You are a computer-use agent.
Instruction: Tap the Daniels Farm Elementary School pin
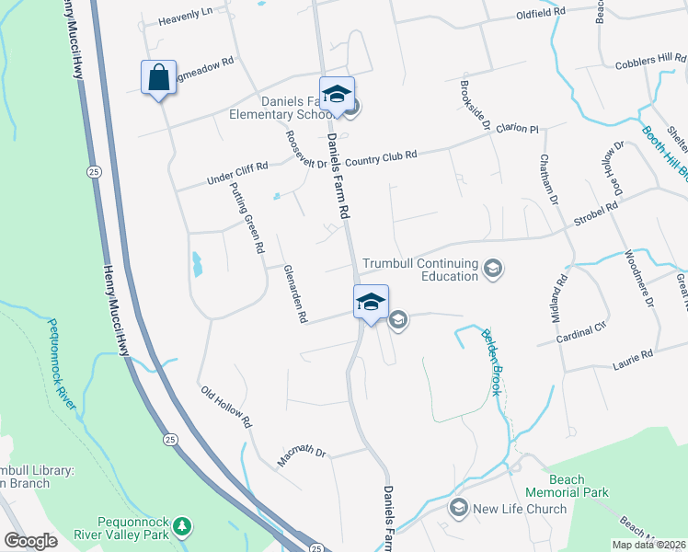[338, 95]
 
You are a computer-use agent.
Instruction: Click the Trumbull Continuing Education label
[420, 270]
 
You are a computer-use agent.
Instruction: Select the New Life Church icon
[458, 508]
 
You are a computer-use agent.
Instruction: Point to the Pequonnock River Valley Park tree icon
[183, 525]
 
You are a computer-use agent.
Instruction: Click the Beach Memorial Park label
[579, 486]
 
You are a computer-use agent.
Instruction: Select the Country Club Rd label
[382, 156]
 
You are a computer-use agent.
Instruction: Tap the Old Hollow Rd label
[226, 407]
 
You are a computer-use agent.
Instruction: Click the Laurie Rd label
[633, 354]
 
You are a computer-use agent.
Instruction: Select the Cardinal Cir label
[583, 331]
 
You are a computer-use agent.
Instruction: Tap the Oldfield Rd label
[540, 15]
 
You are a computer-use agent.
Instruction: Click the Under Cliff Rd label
[237, 171]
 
